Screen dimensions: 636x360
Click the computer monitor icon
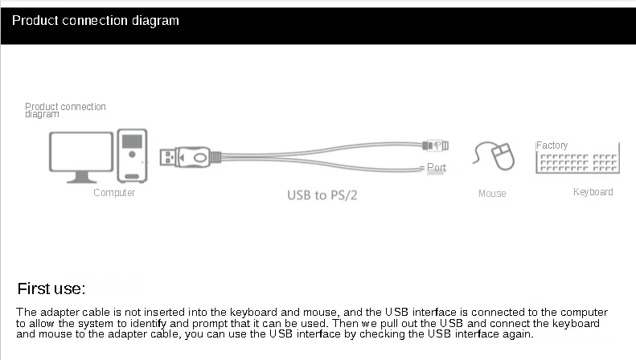(80, 153)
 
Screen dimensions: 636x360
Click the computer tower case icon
(133, 155)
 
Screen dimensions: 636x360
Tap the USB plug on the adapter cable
(184, 155)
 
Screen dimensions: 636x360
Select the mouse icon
(495, 154)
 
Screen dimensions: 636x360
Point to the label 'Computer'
(114, 193)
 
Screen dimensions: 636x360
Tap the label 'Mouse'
(492, 194)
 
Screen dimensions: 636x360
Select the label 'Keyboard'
(593, 192)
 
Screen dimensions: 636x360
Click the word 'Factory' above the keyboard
(552, 145)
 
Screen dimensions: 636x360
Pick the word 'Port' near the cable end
(436, 168)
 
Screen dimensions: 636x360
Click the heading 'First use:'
(51, 288)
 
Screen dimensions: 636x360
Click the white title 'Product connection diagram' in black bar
(96, 20)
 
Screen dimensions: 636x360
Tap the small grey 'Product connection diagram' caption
(65, 110)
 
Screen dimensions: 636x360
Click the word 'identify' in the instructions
(159, 323)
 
